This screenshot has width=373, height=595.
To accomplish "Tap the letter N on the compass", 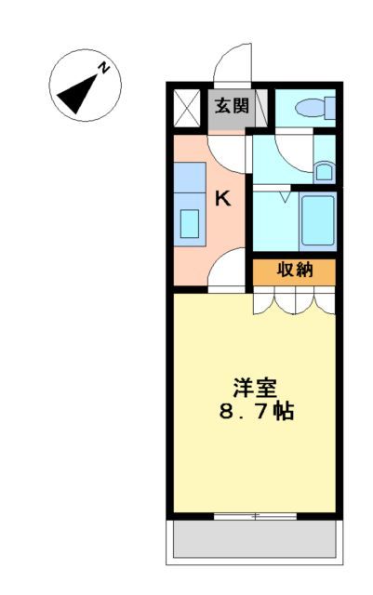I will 105,68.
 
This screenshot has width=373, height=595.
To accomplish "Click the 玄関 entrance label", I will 232,106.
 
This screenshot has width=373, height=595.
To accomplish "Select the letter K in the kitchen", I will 223,197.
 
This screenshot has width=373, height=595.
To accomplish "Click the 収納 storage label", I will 293,271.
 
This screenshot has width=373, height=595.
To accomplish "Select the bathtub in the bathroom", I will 316,219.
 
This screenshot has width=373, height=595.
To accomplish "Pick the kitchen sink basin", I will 191,224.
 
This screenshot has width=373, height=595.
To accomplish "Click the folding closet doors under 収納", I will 294,299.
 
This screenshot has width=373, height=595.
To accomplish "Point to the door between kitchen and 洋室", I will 228,277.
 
